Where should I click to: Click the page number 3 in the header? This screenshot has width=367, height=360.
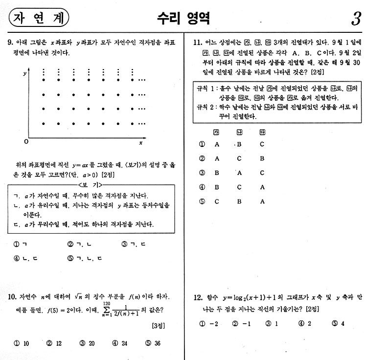pyautogui.click(x=355, y=19)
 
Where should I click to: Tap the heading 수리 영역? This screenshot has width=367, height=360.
pyautogui.click(x=183, y=18)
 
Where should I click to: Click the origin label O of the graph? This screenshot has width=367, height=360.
pyautogui.click(x=26, y=142)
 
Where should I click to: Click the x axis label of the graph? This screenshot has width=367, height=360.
pyautogui.click(x=140, y=143)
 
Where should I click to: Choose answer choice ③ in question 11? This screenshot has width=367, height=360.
pyautogui.click(x=202, y=172)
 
